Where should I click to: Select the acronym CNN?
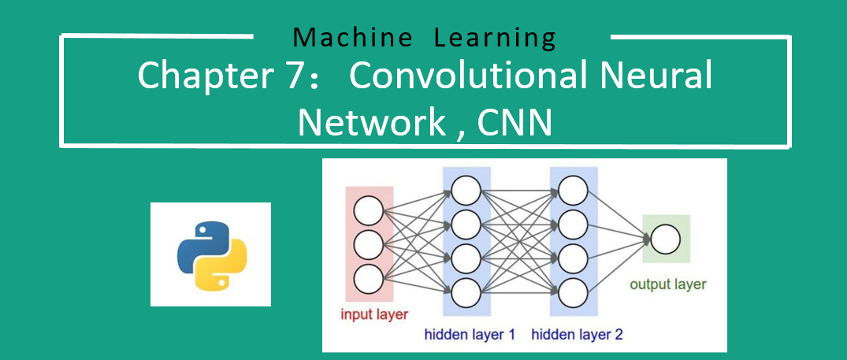point(515,123)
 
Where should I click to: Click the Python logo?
point(211,254)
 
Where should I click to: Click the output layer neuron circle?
point(665,239)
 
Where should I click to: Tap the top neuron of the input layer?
point(369,211)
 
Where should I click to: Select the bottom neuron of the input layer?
point(369,278)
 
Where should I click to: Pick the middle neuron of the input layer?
point(369,245)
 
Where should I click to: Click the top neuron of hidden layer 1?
point(466,189)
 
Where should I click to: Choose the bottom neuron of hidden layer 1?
point(466,291)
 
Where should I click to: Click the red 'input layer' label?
point(374,315)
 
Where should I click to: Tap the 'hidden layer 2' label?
point(577,335)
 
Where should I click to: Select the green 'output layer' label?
point(668,284)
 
